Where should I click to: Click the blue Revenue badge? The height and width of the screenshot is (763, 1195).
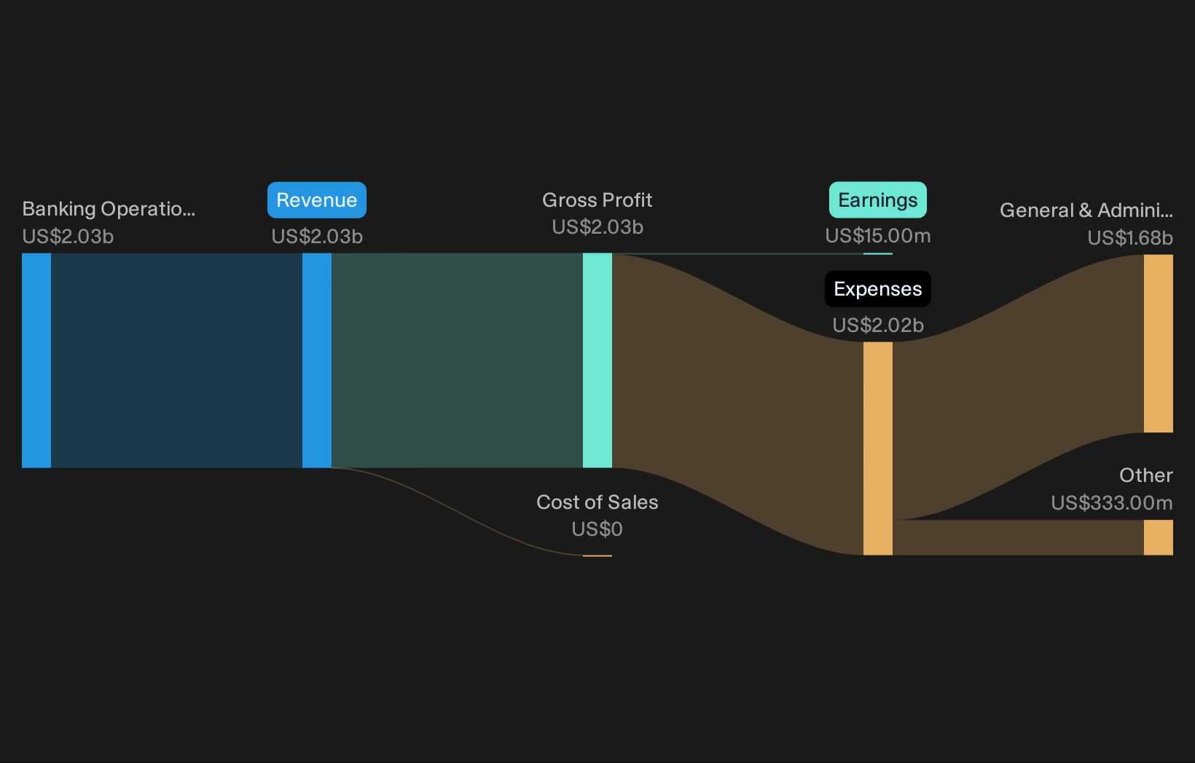317,200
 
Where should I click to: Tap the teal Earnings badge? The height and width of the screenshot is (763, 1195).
877,200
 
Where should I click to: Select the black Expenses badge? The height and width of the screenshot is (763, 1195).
877,289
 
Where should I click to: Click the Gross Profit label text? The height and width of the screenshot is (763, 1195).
597,200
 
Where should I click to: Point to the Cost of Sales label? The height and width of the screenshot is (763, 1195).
597,502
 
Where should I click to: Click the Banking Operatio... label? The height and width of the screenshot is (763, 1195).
109,209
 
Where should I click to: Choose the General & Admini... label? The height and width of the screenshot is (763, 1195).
1086,210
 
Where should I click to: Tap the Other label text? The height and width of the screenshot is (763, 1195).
1146,475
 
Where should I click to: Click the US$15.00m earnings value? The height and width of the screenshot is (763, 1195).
877,236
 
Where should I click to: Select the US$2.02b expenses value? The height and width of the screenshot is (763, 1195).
877,325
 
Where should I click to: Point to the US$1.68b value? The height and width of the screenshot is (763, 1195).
1130,238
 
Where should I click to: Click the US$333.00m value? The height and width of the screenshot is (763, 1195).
1112,503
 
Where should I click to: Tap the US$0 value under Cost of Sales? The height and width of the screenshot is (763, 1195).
597,529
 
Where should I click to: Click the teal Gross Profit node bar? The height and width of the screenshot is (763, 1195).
597,360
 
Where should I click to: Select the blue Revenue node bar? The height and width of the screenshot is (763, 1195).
317,360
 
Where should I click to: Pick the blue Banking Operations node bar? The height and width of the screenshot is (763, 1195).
36,360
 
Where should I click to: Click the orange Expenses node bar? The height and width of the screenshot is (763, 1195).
877,448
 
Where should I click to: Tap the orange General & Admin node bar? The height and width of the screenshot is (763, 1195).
1158,344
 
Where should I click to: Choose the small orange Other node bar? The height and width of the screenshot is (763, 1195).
1158,537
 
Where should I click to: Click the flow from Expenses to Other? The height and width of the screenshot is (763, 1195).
1018,537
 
